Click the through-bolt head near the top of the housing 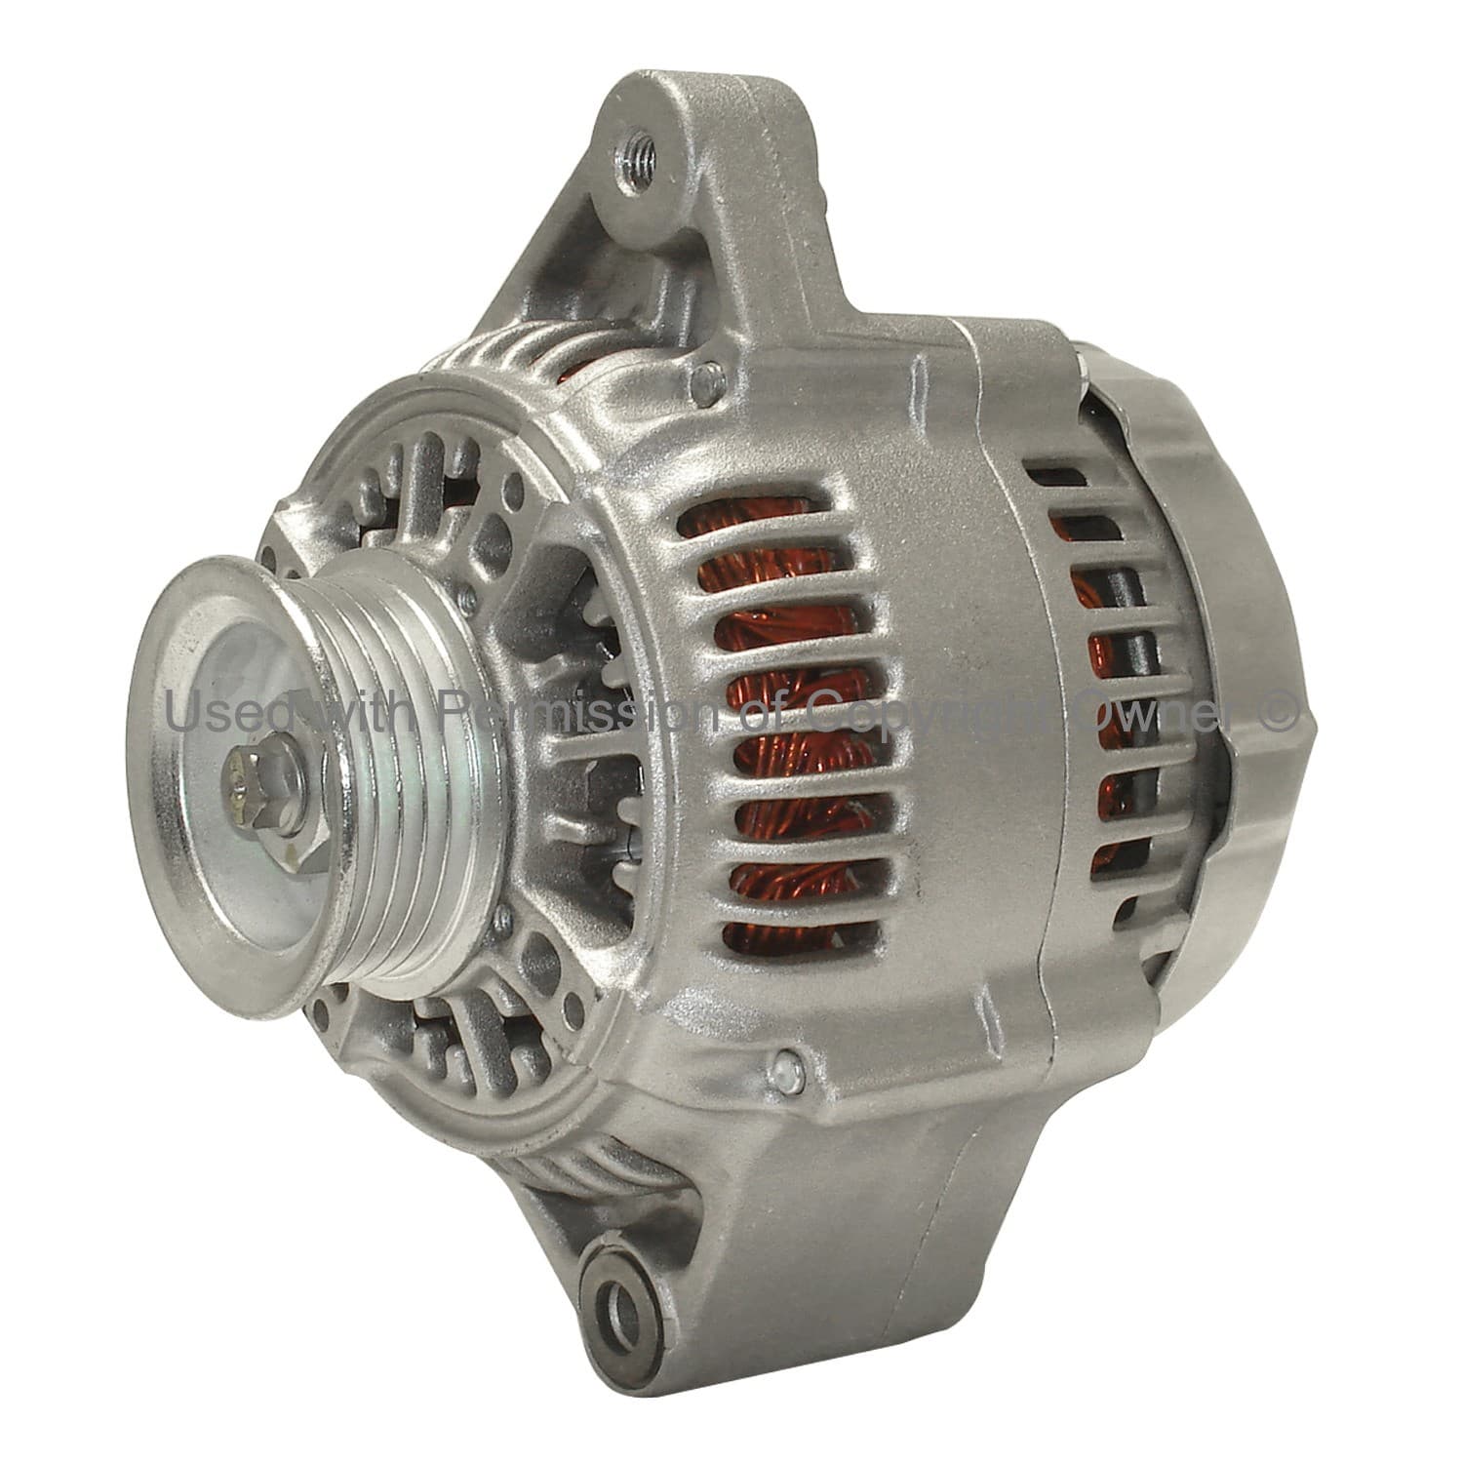709,382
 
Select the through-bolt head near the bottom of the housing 786,1071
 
